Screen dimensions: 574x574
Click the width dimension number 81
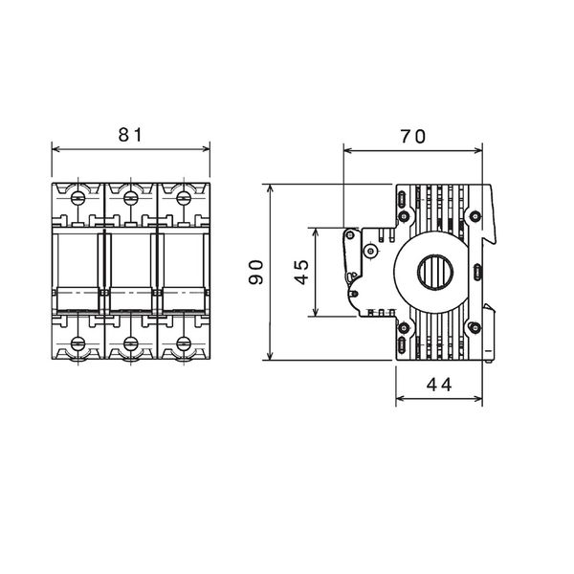coord(130,135)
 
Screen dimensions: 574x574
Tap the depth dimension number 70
coord(412,137)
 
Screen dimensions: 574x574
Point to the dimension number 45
coord(300,273)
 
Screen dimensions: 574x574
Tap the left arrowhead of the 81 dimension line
coord(54,148)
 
